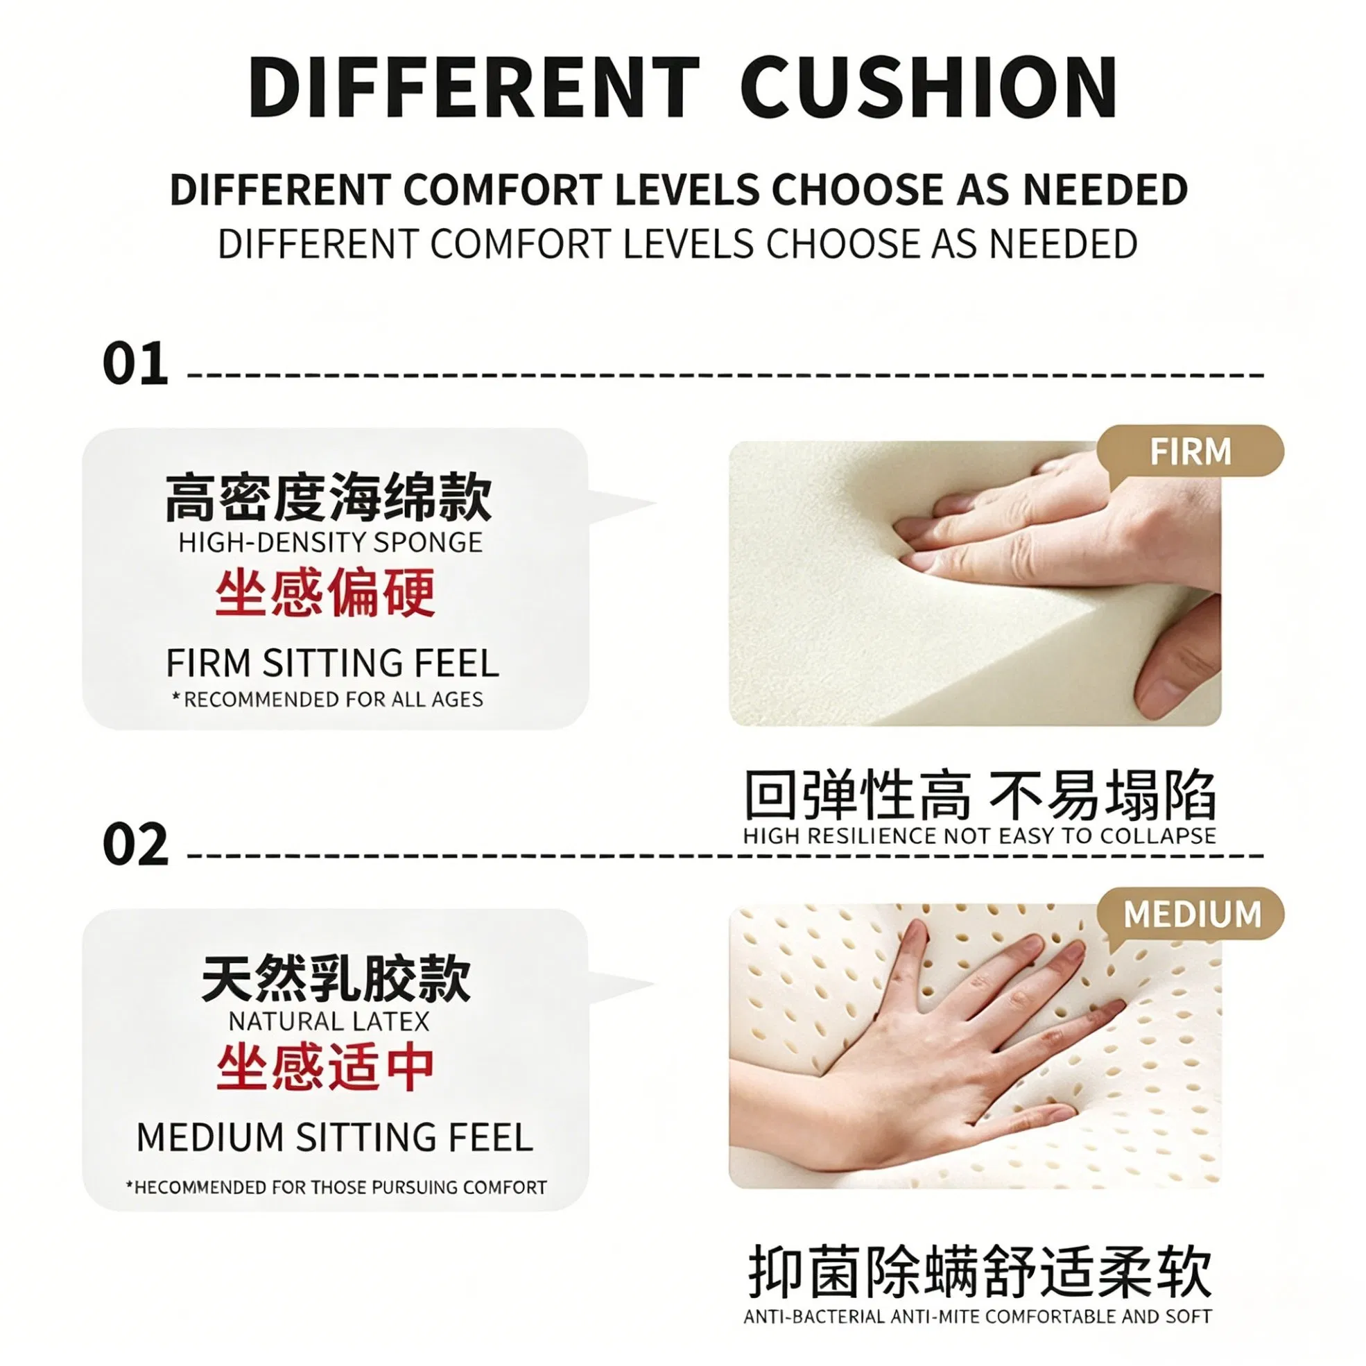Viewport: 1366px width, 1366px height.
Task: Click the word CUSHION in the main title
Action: pos(928,87)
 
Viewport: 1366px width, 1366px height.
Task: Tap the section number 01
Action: pos(136,364)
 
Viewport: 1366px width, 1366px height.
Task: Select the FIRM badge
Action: pos(1191,451)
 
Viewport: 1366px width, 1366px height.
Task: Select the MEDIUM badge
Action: pos(1191,913)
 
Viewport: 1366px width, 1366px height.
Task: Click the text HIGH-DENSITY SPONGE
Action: pos(330,542)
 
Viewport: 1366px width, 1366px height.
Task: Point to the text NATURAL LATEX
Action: pos(329,1021)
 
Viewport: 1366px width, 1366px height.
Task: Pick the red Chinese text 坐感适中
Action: pos(325,1069)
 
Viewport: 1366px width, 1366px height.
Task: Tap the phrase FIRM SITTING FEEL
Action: pos(332,663)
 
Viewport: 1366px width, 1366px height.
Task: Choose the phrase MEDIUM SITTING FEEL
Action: pos(334,1138)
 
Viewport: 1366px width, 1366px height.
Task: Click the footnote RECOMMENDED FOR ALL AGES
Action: pos(328,699)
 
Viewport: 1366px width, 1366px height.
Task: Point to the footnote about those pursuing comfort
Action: pos(336,1187)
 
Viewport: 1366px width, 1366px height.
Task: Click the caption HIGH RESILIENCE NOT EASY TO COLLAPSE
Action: pos(979,836)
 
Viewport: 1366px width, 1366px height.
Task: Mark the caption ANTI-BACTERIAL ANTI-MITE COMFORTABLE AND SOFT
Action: pos(978,1317)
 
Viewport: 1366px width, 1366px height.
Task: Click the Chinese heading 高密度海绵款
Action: pos(328,497)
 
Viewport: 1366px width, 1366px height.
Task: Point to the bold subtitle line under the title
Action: pos(679,189)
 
